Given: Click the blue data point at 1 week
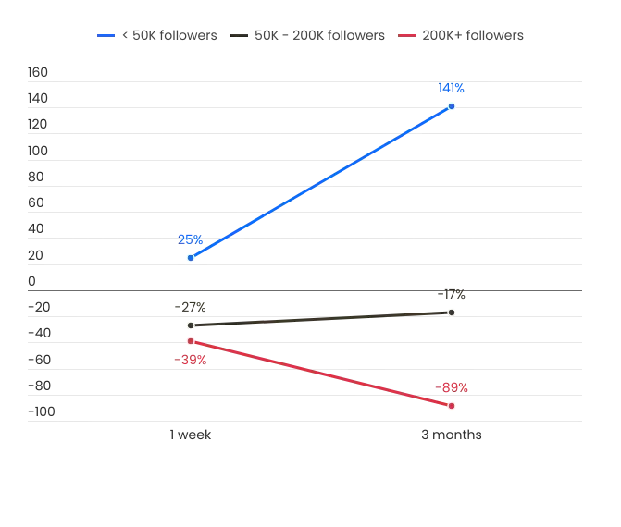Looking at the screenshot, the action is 191,258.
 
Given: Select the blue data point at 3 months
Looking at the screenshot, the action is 452,106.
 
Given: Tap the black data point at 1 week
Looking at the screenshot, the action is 191,325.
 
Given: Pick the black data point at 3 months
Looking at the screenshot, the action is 452,313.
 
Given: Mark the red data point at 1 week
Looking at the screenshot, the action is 191,341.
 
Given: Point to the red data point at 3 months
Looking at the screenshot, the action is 452,406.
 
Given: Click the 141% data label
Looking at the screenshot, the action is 451,88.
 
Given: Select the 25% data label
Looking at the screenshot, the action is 190,239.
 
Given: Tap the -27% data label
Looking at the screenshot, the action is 190,307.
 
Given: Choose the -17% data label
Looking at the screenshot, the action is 451,294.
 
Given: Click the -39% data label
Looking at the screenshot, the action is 190,360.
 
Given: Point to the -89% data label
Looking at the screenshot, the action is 452,387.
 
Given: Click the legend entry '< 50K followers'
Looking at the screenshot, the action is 156,35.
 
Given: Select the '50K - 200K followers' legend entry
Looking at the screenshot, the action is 307,35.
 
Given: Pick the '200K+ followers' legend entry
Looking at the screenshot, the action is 461,35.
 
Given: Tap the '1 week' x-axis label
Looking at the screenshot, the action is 190,435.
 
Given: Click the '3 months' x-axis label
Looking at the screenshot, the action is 452,435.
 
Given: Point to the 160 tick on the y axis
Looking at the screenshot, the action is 38,72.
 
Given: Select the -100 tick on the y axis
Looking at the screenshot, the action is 42,411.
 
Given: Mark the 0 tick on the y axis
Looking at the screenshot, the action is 31,281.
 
